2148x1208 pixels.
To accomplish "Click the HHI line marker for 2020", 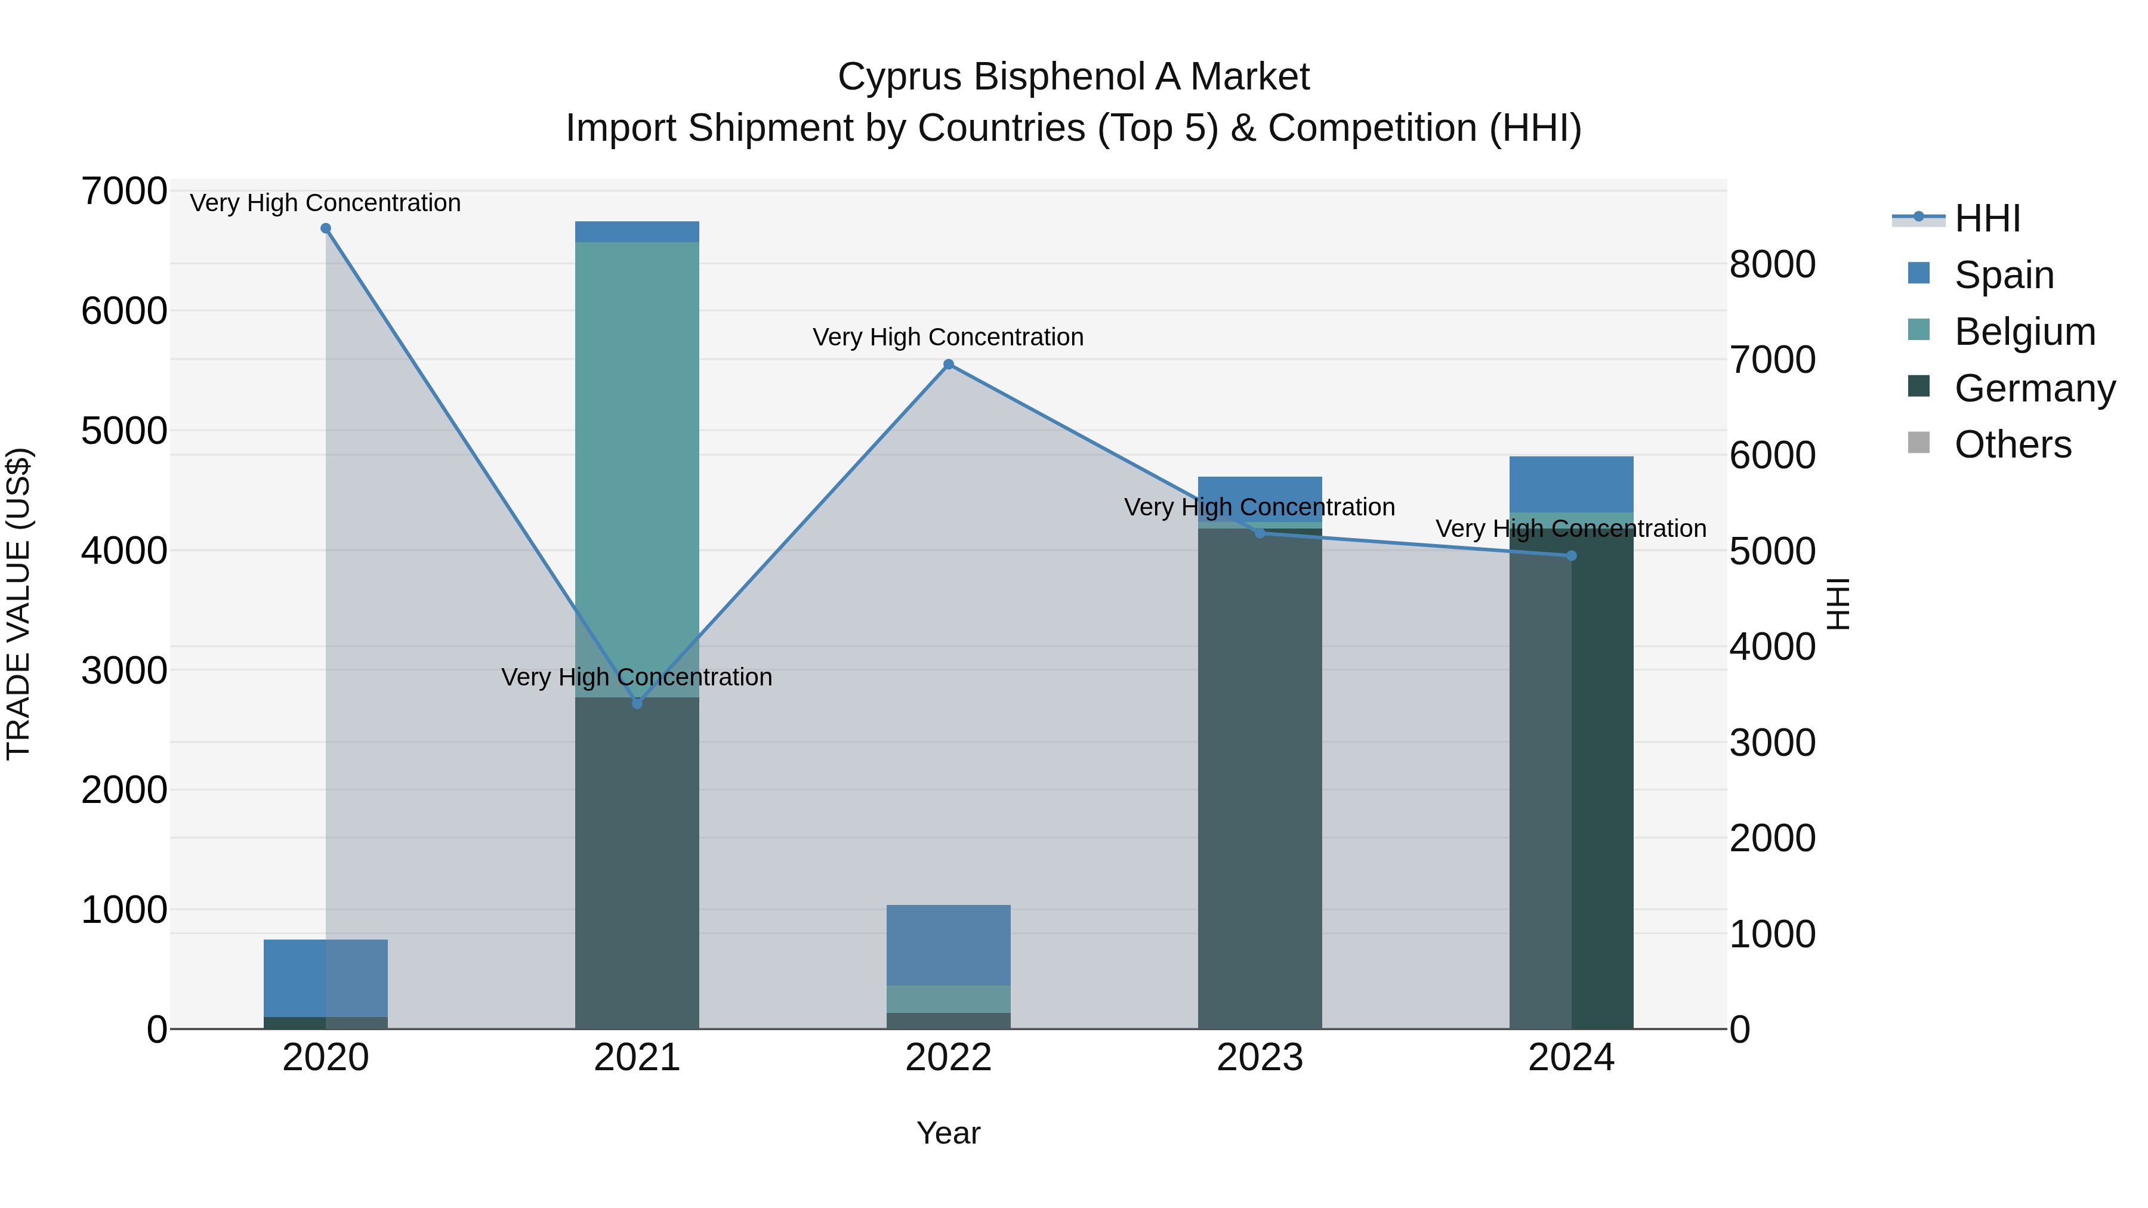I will click(326, 228).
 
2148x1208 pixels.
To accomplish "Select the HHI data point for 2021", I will click(637, 704).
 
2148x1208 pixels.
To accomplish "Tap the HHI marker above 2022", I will click(948, 364).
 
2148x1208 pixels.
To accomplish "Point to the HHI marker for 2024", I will click(1571, 556).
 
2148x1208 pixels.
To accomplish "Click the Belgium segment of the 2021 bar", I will click(637, 467).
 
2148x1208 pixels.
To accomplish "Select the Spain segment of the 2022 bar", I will click(948, 944).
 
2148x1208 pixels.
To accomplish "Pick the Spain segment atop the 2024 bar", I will click(1571, 484).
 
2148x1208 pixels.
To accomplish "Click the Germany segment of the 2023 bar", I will click(1259, 776).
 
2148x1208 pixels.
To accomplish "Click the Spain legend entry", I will click(2003, 275).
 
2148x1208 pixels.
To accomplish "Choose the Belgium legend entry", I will click(2024, 332).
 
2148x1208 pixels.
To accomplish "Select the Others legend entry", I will click(2012, 444).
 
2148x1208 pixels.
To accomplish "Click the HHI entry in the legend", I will click(1986, 218).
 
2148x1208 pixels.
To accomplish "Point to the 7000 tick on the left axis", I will click(124, 191).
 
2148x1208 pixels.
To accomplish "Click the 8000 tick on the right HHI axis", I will click(1772, 264).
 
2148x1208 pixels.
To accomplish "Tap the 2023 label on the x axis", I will click(1259, 1057).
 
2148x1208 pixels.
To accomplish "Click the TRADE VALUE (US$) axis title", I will click(18, 604).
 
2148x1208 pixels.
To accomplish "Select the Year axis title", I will click(948, 1133).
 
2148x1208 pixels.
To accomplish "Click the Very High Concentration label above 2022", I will click(948, 337).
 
